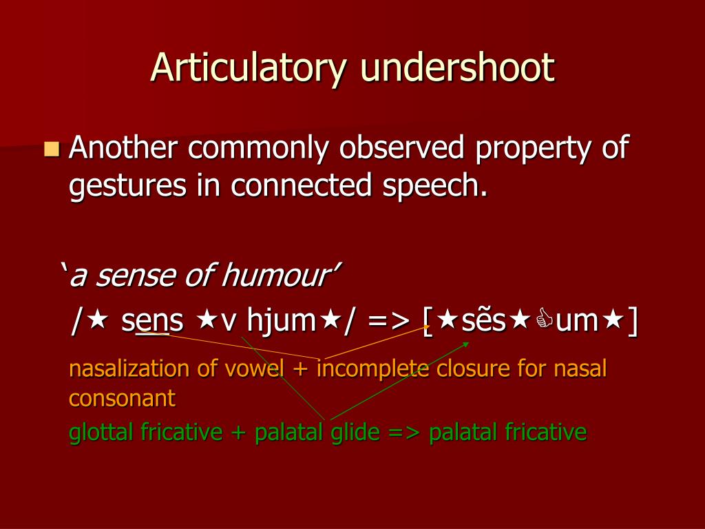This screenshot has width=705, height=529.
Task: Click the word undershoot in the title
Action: (457, 67)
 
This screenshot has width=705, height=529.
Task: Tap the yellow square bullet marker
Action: (52, 148)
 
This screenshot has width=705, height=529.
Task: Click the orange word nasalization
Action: (130, 369)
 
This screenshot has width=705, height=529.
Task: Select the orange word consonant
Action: (122, 398)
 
